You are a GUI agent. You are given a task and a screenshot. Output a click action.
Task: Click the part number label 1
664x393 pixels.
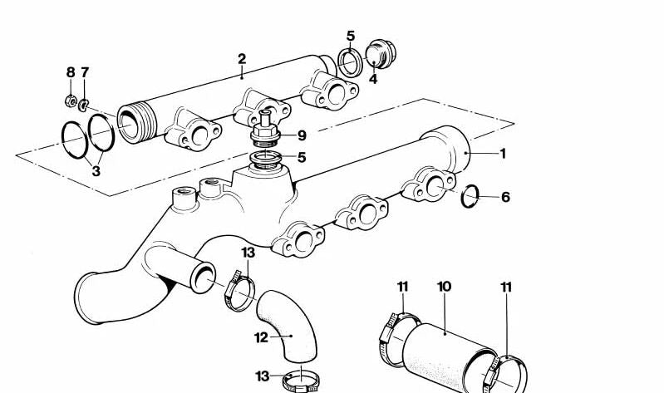[x=501, y=154]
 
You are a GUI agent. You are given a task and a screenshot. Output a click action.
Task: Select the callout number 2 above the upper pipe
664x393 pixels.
[x=242, y=59]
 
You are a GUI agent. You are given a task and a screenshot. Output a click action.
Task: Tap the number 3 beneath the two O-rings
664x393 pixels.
[x=96, y=172]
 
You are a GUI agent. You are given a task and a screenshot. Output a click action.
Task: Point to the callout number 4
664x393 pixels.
[x=373, y=80]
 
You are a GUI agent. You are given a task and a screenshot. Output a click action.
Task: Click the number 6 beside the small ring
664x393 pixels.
[x=504, y=197]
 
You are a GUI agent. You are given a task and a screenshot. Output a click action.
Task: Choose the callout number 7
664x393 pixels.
[x=84, y=73]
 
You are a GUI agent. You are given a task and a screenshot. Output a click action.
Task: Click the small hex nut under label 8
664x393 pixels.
[x=71, y=102]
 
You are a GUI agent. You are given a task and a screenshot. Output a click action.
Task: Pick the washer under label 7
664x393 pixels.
[x=84, y=105]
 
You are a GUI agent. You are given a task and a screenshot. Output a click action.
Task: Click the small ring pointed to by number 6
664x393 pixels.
[x=470, y=196]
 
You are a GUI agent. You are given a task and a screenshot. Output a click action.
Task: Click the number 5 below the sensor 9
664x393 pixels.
[x=302, y=157]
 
